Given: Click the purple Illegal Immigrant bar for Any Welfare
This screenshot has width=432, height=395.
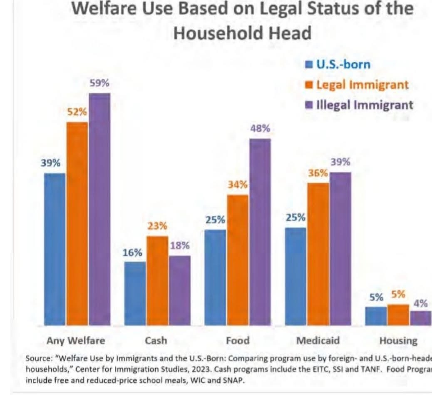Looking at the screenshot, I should point(99,208).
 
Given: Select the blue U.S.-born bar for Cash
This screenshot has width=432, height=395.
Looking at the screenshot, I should point(135,293).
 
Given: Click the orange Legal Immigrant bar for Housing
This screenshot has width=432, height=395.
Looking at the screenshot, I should point(398,315).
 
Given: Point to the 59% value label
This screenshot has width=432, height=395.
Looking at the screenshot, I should point(100,83).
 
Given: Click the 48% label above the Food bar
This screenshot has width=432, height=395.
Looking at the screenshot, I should point(260,129).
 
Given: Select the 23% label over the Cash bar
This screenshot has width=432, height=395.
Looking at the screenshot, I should point(157,226).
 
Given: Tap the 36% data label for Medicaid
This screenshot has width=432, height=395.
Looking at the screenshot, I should point(318,173).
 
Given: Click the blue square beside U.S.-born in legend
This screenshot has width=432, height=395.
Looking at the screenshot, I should point(309,65).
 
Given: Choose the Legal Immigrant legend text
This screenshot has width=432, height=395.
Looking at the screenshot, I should point(362,85).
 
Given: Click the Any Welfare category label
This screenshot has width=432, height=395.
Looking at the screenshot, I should point(76,340).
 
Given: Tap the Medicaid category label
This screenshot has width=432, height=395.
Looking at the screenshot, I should point(318,340).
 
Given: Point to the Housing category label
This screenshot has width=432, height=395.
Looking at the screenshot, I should point(398,341).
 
